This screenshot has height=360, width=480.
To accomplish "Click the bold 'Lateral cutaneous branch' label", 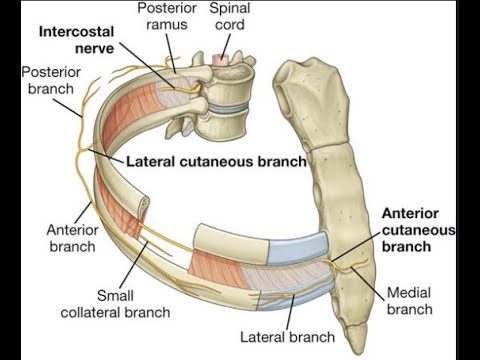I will [x=215, y=160].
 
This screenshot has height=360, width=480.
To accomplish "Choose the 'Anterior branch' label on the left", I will [x=71, y=237].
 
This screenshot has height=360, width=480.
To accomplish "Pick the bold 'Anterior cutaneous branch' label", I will [x=418, y=230].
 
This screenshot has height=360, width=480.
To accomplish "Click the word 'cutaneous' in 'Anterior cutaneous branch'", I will [x=418, y=230].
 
